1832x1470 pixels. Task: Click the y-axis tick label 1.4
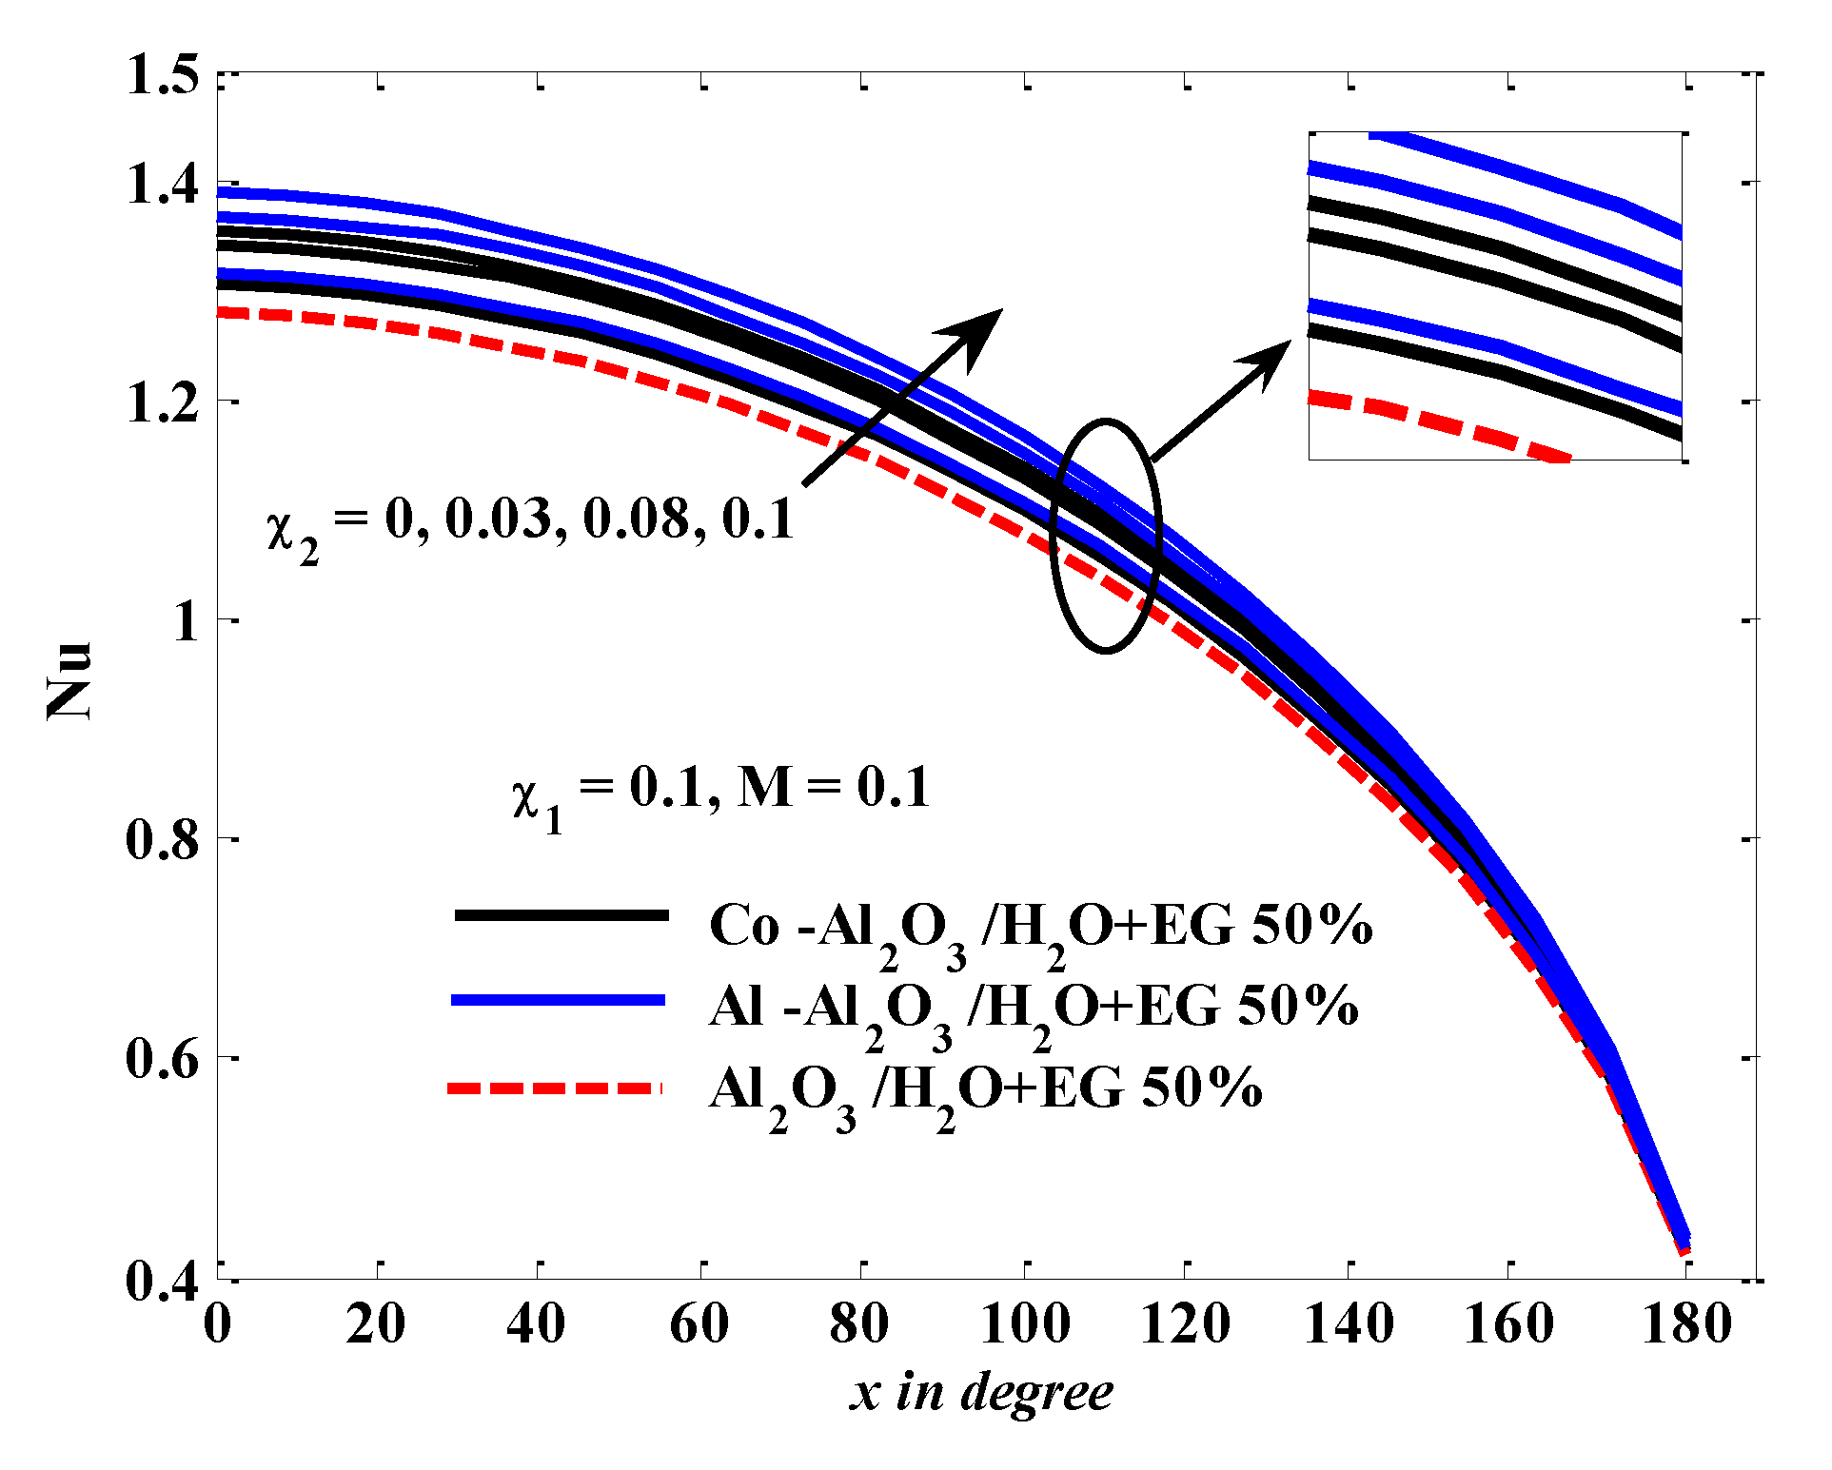[x=163, y=184]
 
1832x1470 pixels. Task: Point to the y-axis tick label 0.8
[x=163, y=840]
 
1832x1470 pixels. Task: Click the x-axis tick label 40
[x=537, y=1323]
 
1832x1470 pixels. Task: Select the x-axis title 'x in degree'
[x=980, y=1393]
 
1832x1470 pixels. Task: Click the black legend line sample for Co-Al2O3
[x=561, y=915]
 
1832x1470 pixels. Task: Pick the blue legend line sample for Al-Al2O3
[x=558, y=999]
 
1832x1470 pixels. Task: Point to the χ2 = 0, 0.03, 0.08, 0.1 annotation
[x=530, y=524]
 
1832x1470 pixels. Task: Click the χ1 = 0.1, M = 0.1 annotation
[x=720, y=792]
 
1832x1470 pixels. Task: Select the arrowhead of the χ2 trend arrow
[x=975, y=332]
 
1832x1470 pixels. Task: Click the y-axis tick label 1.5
[x=163, y=74]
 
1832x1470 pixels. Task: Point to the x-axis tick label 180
[x=1685, y=1323]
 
